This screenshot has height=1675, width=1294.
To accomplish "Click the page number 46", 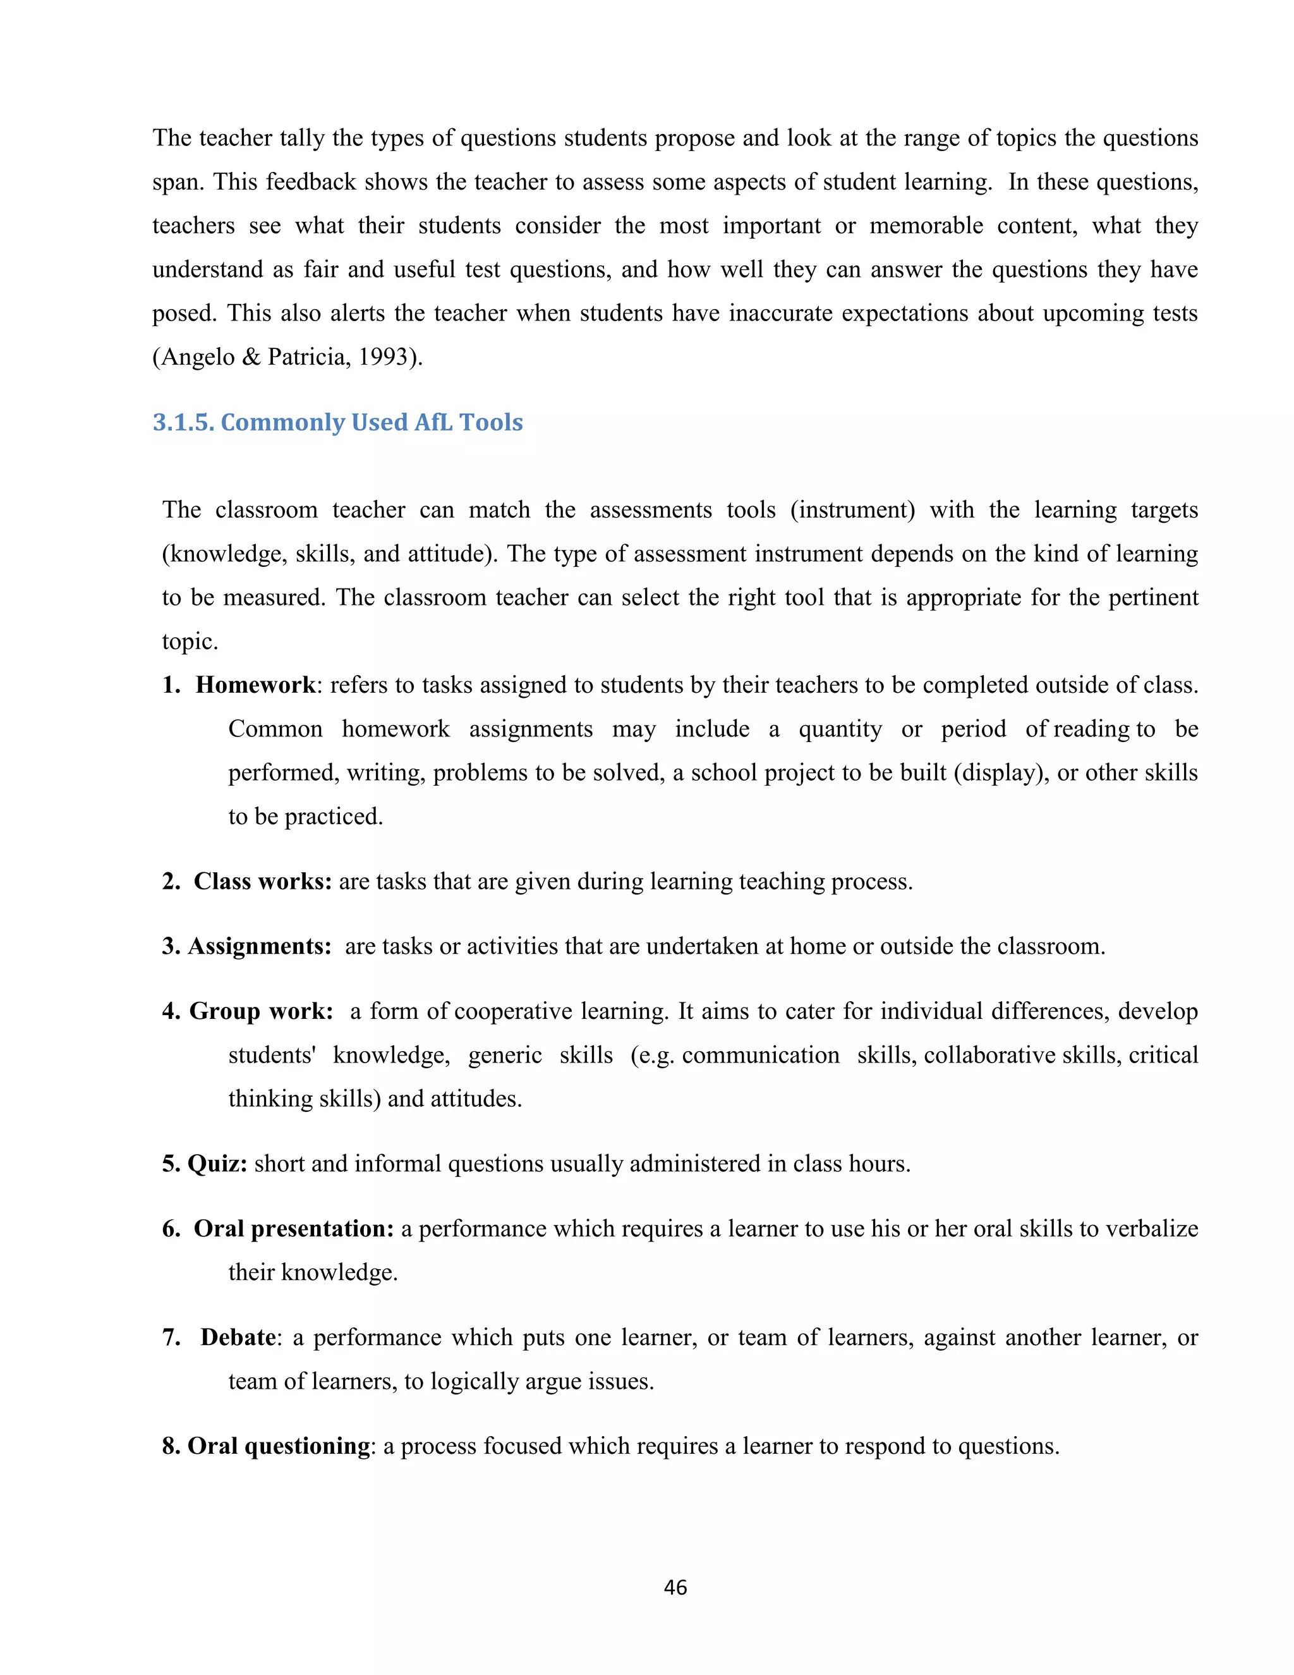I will tap(675, 1587).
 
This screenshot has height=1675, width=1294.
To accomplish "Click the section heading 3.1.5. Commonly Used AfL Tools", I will tap(337, 423).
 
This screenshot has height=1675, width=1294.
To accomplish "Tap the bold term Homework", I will tap(255, 685).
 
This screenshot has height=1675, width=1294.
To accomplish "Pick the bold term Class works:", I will tap(262, 881).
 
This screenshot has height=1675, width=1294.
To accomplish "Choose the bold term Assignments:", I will tap(259, 946).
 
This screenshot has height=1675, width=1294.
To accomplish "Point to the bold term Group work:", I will tap(261, 1011).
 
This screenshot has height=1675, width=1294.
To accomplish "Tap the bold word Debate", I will tap(238, 1337).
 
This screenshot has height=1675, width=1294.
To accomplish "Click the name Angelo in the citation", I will tap(198, 357).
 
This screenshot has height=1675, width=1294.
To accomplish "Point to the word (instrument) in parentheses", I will tap(852, 510).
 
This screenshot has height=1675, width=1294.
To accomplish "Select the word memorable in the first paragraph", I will tap(926, 226).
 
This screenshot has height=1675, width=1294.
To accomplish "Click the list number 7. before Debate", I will tap(171, 1337).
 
